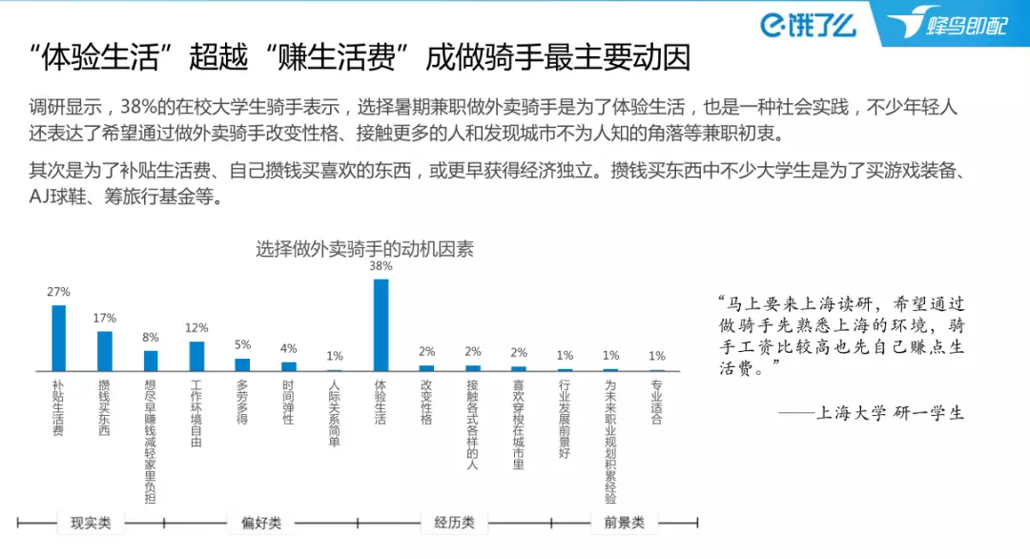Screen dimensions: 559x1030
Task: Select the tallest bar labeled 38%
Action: click(x=381, y=324)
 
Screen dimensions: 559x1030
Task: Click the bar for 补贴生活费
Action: click(x=58, y=338)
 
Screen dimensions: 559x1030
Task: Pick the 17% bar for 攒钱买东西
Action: click(x=104, y=350)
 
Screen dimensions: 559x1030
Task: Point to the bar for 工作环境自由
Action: click(x=196, y=356)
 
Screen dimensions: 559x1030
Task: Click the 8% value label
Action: click(x=151, y=338)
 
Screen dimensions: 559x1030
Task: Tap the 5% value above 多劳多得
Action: click(x=242, y=345)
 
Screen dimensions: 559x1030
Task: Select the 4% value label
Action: click(x=288, y=348)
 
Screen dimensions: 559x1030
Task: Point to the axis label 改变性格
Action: click(x=426, y=402)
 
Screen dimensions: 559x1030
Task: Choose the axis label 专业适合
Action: click(x=656, y=402)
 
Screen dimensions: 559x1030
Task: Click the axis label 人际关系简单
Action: click(x=334, y=413)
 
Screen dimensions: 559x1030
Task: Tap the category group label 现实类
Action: click(x=91, y=522)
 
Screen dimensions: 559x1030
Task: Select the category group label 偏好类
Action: click(x=260, y=522)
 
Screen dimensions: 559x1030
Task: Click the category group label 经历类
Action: click(x=454, y=522)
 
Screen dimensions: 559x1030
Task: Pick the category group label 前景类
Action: click(x=624, y=522)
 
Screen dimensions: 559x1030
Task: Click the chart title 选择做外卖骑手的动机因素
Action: click(x=364, y=250)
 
